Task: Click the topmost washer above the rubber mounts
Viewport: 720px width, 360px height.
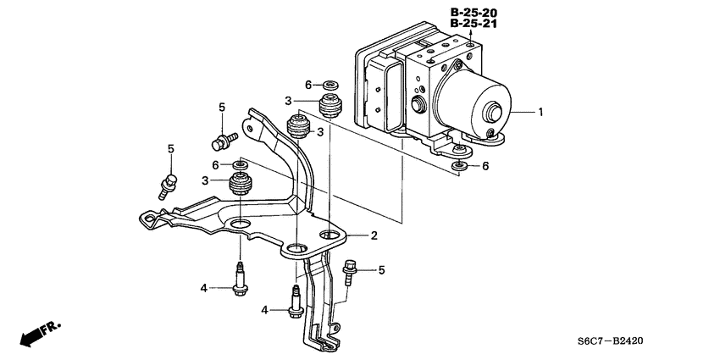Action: point(329,85)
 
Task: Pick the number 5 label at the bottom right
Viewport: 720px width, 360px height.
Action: point(381,270)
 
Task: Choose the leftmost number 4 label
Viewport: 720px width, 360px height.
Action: point(203,289)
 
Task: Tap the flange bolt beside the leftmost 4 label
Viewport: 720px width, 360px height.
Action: point(240,280)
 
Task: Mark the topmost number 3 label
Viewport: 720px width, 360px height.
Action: point(289,100)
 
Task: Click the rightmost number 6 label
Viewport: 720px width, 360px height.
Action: point(485,167)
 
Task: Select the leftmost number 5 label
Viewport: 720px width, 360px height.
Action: point(170,149)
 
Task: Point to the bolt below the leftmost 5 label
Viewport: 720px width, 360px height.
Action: point(169,181)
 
